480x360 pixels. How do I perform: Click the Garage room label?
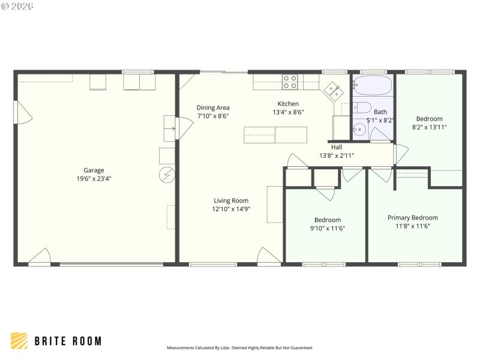point(94,170)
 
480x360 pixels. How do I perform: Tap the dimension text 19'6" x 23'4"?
point(94,178)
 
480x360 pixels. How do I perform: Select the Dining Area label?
point(213,108)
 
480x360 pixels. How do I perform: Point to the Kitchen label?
point(288,104)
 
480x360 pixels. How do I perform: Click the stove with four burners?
point(290,82)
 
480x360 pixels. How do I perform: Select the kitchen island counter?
point(275,135)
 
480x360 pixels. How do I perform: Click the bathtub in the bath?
point(372,85)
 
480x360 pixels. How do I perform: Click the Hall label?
point(336,147)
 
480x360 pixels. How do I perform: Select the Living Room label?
point(231,201)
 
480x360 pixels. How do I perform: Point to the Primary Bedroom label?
point(412,218)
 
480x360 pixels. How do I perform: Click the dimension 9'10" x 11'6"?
point(328,228)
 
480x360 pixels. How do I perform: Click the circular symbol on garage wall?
point(166,175)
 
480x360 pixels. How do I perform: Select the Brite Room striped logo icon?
point(19,341)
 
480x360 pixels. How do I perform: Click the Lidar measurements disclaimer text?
point(239,347)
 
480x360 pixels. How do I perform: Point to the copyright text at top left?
point(17,5)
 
